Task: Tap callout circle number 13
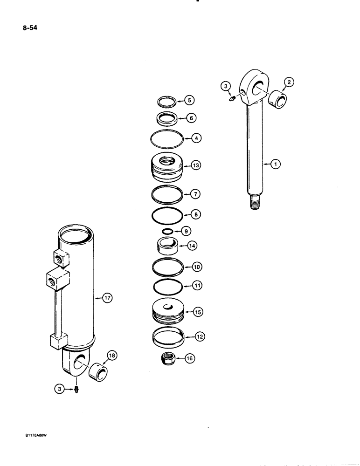tap(195, 165)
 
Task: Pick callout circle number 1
tap(276, 164)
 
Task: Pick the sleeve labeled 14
tap(167, 245)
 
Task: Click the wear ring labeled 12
tap(167, 336)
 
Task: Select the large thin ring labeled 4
tap(167, 139)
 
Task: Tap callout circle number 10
tap(197, 267)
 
